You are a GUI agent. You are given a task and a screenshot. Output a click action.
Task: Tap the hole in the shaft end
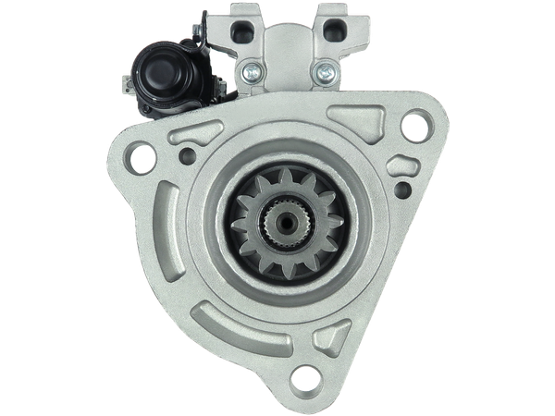click(277, 221)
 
